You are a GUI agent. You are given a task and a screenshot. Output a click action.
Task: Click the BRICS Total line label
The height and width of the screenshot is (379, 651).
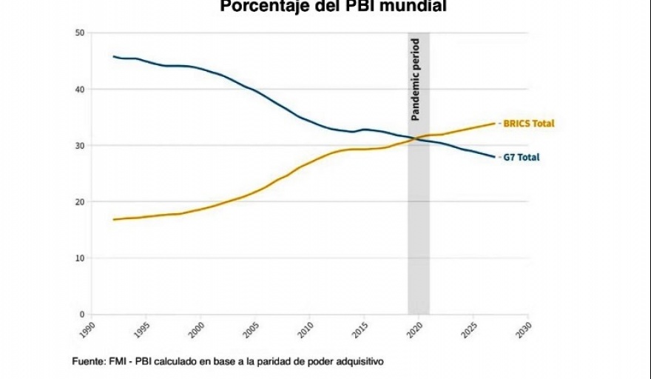click(528, 124)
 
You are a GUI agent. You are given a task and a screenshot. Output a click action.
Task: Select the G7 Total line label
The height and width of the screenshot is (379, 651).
click(522, 157)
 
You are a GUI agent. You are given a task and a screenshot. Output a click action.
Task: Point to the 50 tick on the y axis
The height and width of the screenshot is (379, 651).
click(80, 33)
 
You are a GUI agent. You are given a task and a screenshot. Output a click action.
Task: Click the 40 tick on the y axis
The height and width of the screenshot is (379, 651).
click(80, 89)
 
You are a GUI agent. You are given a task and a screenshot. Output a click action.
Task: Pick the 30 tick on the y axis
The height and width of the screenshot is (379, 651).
click(80, 145)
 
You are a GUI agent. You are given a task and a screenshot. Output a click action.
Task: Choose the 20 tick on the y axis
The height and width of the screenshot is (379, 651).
click(80, 201)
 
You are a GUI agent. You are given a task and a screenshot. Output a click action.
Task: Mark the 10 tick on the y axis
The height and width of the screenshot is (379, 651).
click(80, 258)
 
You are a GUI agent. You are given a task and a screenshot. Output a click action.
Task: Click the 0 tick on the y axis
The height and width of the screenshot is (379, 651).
click(82, 314)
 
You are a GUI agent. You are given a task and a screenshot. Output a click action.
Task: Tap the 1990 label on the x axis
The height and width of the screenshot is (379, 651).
click(90, 328)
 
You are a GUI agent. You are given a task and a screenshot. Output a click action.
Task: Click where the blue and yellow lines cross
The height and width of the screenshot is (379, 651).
click(416, 138)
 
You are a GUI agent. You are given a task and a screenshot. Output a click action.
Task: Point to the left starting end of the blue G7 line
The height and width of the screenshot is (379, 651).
click(113, 56)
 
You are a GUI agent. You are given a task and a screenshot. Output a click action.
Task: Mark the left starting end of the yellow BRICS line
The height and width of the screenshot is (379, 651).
click(113, 219)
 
